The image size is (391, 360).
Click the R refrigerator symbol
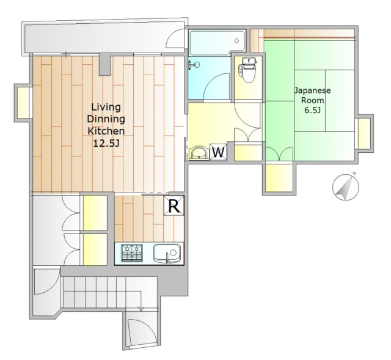[x=174, y=205]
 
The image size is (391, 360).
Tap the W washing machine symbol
[x=218, y=152]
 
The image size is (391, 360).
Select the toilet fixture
[x=247, y=70]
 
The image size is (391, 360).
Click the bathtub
[x=217, y=43]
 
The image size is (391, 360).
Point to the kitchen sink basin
[x=167, y=253]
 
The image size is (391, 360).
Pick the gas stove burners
[x=132, y=253]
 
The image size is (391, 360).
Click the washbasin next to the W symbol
[x=199, y=153]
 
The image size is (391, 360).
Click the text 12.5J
[x=106, y=143]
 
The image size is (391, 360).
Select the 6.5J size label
[x=312, y=110]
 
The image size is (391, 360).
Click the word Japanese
[x=312, y=90]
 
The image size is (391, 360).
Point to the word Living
[x=106, y=107]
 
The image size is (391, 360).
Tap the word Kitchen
[x=106, y=131]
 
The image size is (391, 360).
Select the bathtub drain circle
[x=236, y=41]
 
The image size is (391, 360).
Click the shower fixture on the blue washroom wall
[x=194, y=65]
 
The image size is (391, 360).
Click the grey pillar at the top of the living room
[x=105, y=65]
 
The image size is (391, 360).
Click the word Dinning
[x=106, y=119]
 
